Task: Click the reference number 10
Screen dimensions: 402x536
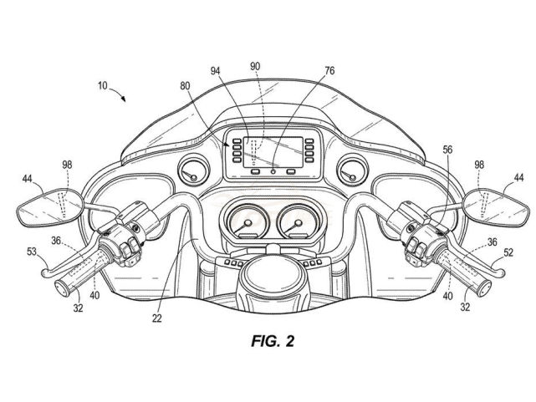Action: coord(100,85)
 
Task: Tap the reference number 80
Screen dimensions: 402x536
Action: coord(185,85)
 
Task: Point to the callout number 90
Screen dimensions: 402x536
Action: coord(253,66)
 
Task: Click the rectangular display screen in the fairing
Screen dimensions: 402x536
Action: coord(273,148)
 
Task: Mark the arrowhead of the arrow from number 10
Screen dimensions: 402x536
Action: coord(125,99)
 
